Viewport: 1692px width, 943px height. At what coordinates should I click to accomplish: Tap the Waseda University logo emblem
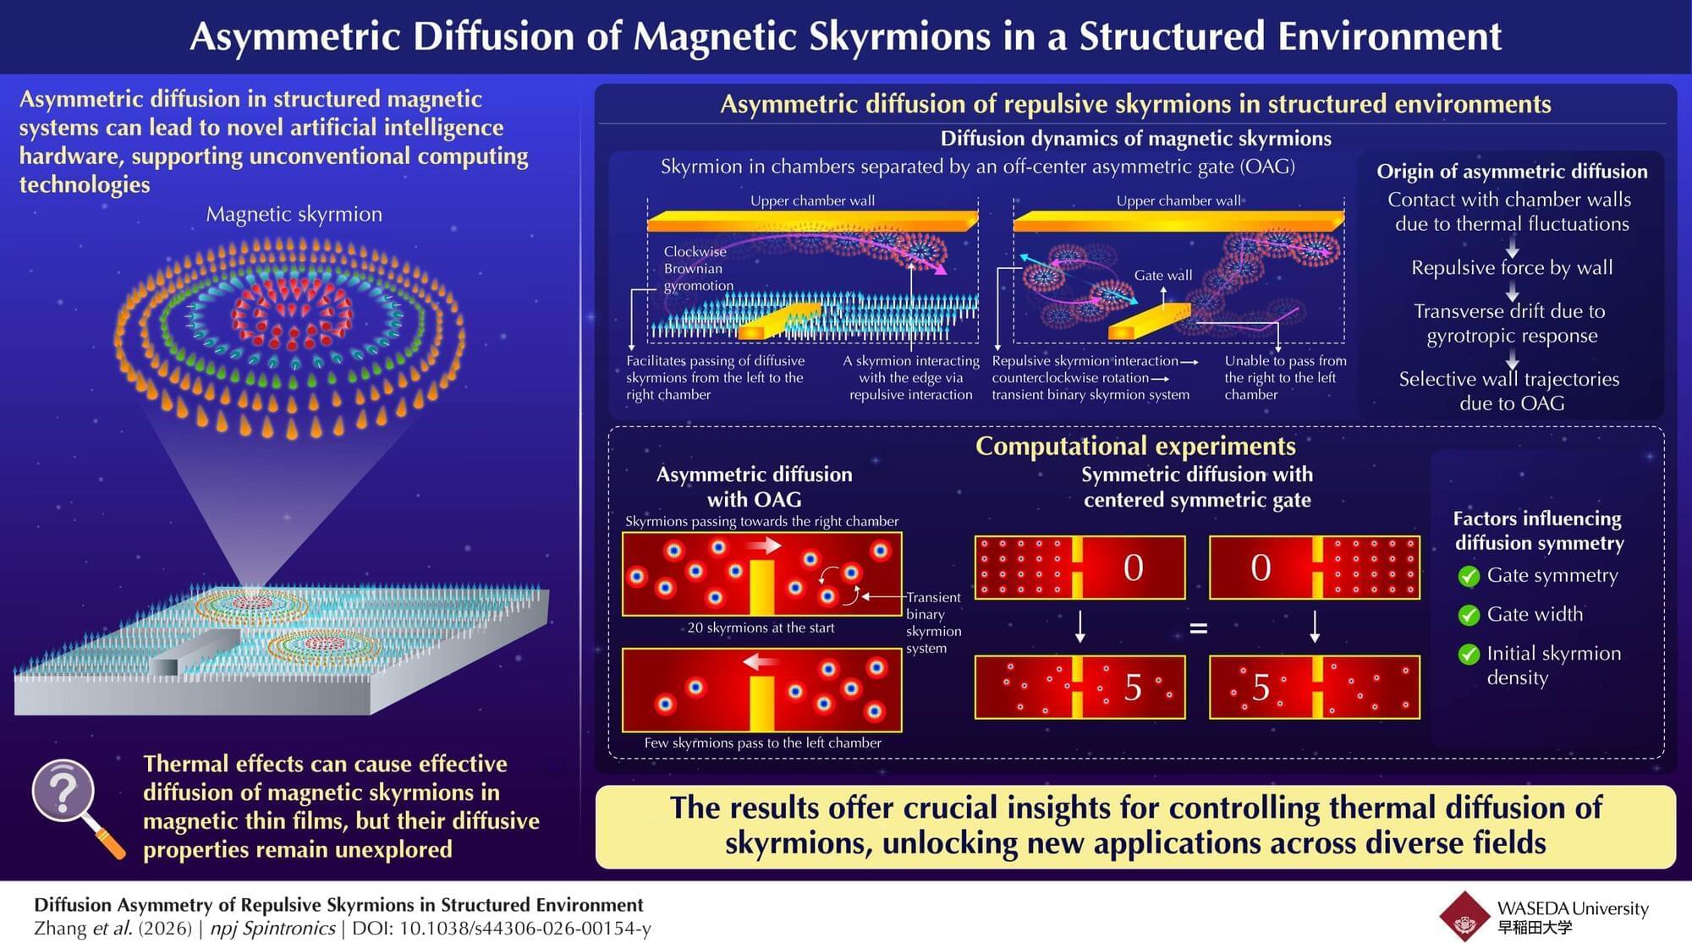coord(1464,916)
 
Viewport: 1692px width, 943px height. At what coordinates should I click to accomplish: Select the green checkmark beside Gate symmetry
coord(1469,576)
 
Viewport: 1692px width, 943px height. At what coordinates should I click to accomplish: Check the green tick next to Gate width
coord(1469,615)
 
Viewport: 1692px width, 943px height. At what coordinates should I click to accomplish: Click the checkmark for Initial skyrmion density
coord(1469,654)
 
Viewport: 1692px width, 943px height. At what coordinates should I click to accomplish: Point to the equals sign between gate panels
coord(1198,628)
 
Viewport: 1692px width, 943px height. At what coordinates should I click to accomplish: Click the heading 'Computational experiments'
coord(1135,446)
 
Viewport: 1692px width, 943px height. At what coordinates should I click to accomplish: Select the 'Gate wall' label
coord(1162,275)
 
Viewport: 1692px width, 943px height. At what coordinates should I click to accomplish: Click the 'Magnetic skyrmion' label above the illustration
coord(294,214)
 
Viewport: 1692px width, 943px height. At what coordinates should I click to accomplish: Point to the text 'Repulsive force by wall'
coord(1512,267)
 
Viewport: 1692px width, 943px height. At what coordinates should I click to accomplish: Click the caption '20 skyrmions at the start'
coord(761,628)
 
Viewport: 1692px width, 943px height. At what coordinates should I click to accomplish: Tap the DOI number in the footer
coord(502,928)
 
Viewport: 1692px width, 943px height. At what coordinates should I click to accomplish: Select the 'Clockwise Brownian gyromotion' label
coord(699,268)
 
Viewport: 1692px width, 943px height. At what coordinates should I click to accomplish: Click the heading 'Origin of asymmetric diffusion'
coord(1512,171)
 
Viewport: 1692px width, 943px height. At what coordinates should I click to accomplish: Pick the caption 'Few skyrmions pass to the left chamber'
coord(762,743)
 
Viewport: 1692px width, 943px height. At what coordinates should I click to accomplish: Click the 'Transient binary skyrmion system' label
coord(933,622)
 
